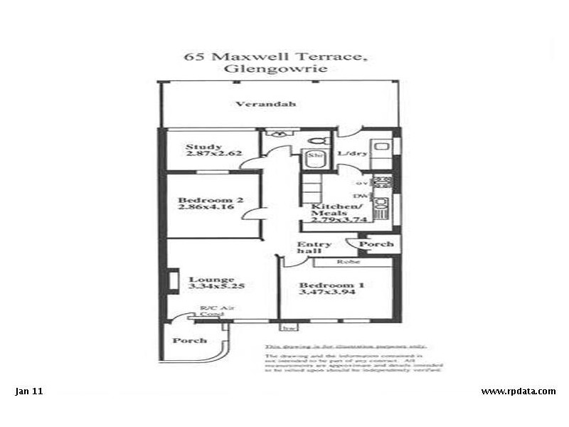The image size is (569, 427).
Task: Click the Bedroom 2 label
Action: click(x=211, y=200)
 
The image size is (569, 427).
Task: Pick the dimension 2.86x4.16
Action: click(x=210, y=208)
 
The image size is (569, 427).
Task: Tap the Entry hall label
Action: click(x=314, y=247)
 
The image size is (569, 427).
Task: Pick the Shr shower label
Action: click(x=315, y=154)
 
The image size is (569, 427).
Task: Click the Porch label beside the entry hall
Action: click(x=376, y=244)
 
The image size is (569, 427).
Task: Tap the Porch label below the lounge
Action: click(x=189, y=340)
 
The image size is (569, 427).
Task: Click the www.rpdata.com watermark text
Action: click(x=518, y=391)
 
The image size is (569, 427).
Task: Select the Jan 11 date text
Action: click(x=29, y=391)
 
